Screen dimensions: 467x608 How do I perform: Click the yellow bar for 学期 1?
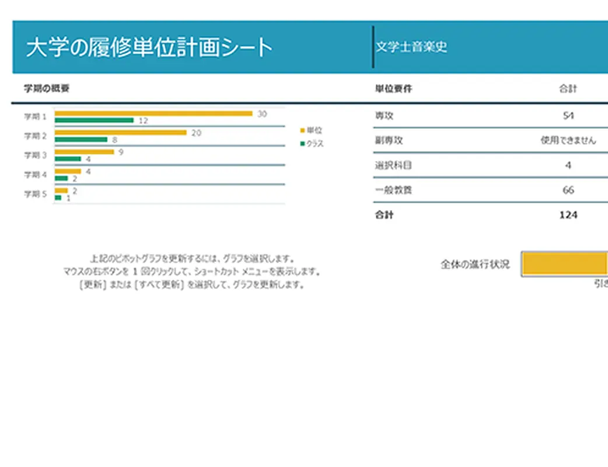[153, 113]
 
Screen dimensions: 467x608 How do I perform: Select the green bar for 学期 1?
[94, 121]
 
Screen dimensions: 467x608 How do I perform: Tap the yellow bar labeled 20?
[120, 133]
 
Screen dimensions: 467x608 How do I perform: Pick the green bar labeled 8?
[81, 140]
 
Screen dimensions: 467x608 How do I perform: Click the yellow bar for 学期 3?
[84, 152]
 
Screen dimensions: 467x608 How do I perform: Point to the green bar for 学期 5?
[58, 198]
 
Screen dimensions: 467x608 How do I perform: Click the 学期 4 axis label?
[35, 175]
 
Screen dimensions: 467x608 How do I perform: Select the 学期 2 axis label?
[35, 136]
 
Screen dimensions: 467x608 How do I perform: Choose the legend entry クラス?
[315, 144]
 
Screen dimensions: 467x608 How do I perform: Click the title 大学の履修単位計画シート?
[149, 47]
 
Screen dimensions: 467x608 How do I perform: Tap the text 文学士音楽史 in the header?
[411, 47]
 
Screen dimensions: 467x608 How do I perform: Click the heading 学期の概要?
[47, 89]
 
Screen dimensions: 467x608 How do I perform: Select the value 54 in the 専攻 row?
[568, 116]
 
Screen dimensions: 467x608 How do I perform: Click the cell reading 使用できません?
[568, 141]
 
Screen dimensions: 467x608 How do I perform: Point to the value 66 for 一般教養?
[568, 190]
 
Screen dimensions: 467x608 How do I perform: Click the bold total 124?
[568, 215]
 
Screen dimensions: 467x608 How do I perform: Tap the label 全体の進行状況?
[475, 264]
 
